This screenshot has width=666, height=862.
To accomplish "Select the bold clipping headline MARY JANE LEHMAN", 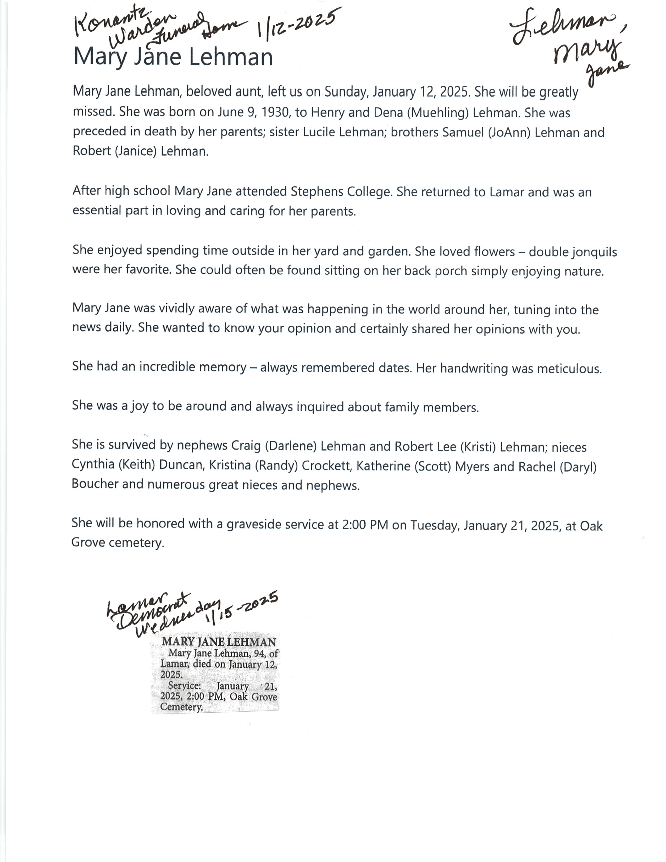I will (x=219, y=642).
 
